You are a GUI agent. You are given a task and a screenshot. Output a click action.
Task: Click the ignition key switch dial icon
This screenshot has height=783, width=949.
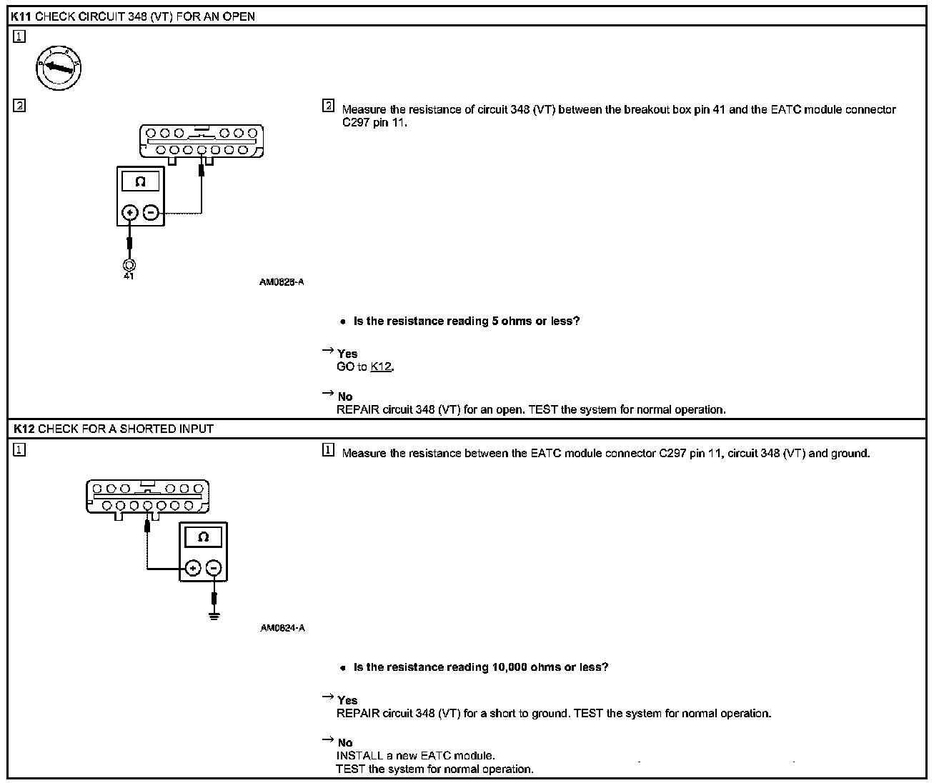(x=59, y=69)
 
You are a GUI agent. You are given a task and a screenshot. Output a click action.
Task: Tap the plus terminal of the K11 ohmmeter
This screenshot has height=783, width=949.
(x=129, y=212)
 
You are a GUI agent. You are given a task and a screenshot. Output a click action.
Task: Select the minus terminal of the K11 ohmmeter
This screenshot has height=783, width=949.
(x=151, y=212)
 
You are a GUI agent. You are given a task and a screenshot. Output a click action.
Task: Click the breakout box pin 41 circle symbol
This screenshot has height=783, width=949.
(x=129, y=266)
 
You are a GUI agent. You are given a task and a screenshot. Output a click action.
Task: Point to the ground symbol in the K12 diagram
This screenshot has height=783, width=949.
(x=214, y=615)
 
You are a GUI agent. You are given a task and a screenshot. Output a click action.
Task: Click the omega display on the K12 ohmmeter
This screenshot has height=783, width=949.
(x=203, y=537)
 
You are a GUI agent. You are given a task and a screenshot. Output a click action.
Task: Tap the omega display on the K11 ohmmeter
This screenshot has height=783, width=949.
(x=140, y=181)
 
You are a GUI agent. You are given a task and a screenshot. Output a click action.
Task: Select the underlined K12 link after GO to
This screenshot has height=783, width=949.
(x=381, y=367)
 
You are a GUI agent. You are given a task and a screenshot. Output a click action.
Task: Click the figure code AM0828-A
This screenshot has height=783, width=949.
(x=282, y=282)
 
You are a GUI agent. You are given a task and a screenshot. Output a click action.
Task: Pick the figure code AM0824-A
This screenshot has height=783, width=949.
(x=282, y=628)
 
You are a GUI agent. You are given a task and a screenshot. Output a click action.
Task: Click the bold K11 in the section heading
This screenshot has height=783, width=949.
(x=21, y=16)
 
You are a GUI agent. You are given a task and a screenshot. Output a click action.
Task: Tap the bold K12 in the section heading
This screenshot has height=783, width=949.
(x=24, y=429)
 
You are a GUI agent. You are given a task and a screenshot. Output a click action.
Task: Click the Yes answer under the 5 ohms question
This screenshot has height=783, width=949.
(x=347, y=354)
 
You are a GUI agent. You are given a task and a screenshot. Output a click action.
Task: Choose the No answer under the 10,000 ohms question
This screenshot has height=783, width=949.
(x=345, y=743)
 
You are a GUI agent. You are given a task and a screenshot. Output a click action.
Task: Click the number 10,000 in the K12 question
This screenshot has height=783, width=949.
(x=510, y=667)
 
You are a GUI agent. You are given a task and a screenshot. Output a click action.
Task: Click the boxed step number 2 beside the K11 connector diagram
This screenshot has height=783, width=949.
(x=19, y=106)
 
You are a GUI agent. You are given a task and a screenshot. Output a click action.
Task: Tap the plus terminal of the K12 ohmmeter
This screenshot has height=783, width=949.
(x=192, y=569)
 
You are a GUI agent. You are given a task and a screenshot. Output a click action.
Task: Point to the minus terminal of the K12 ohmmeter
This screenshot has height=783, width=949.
(x=214, y=569)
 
